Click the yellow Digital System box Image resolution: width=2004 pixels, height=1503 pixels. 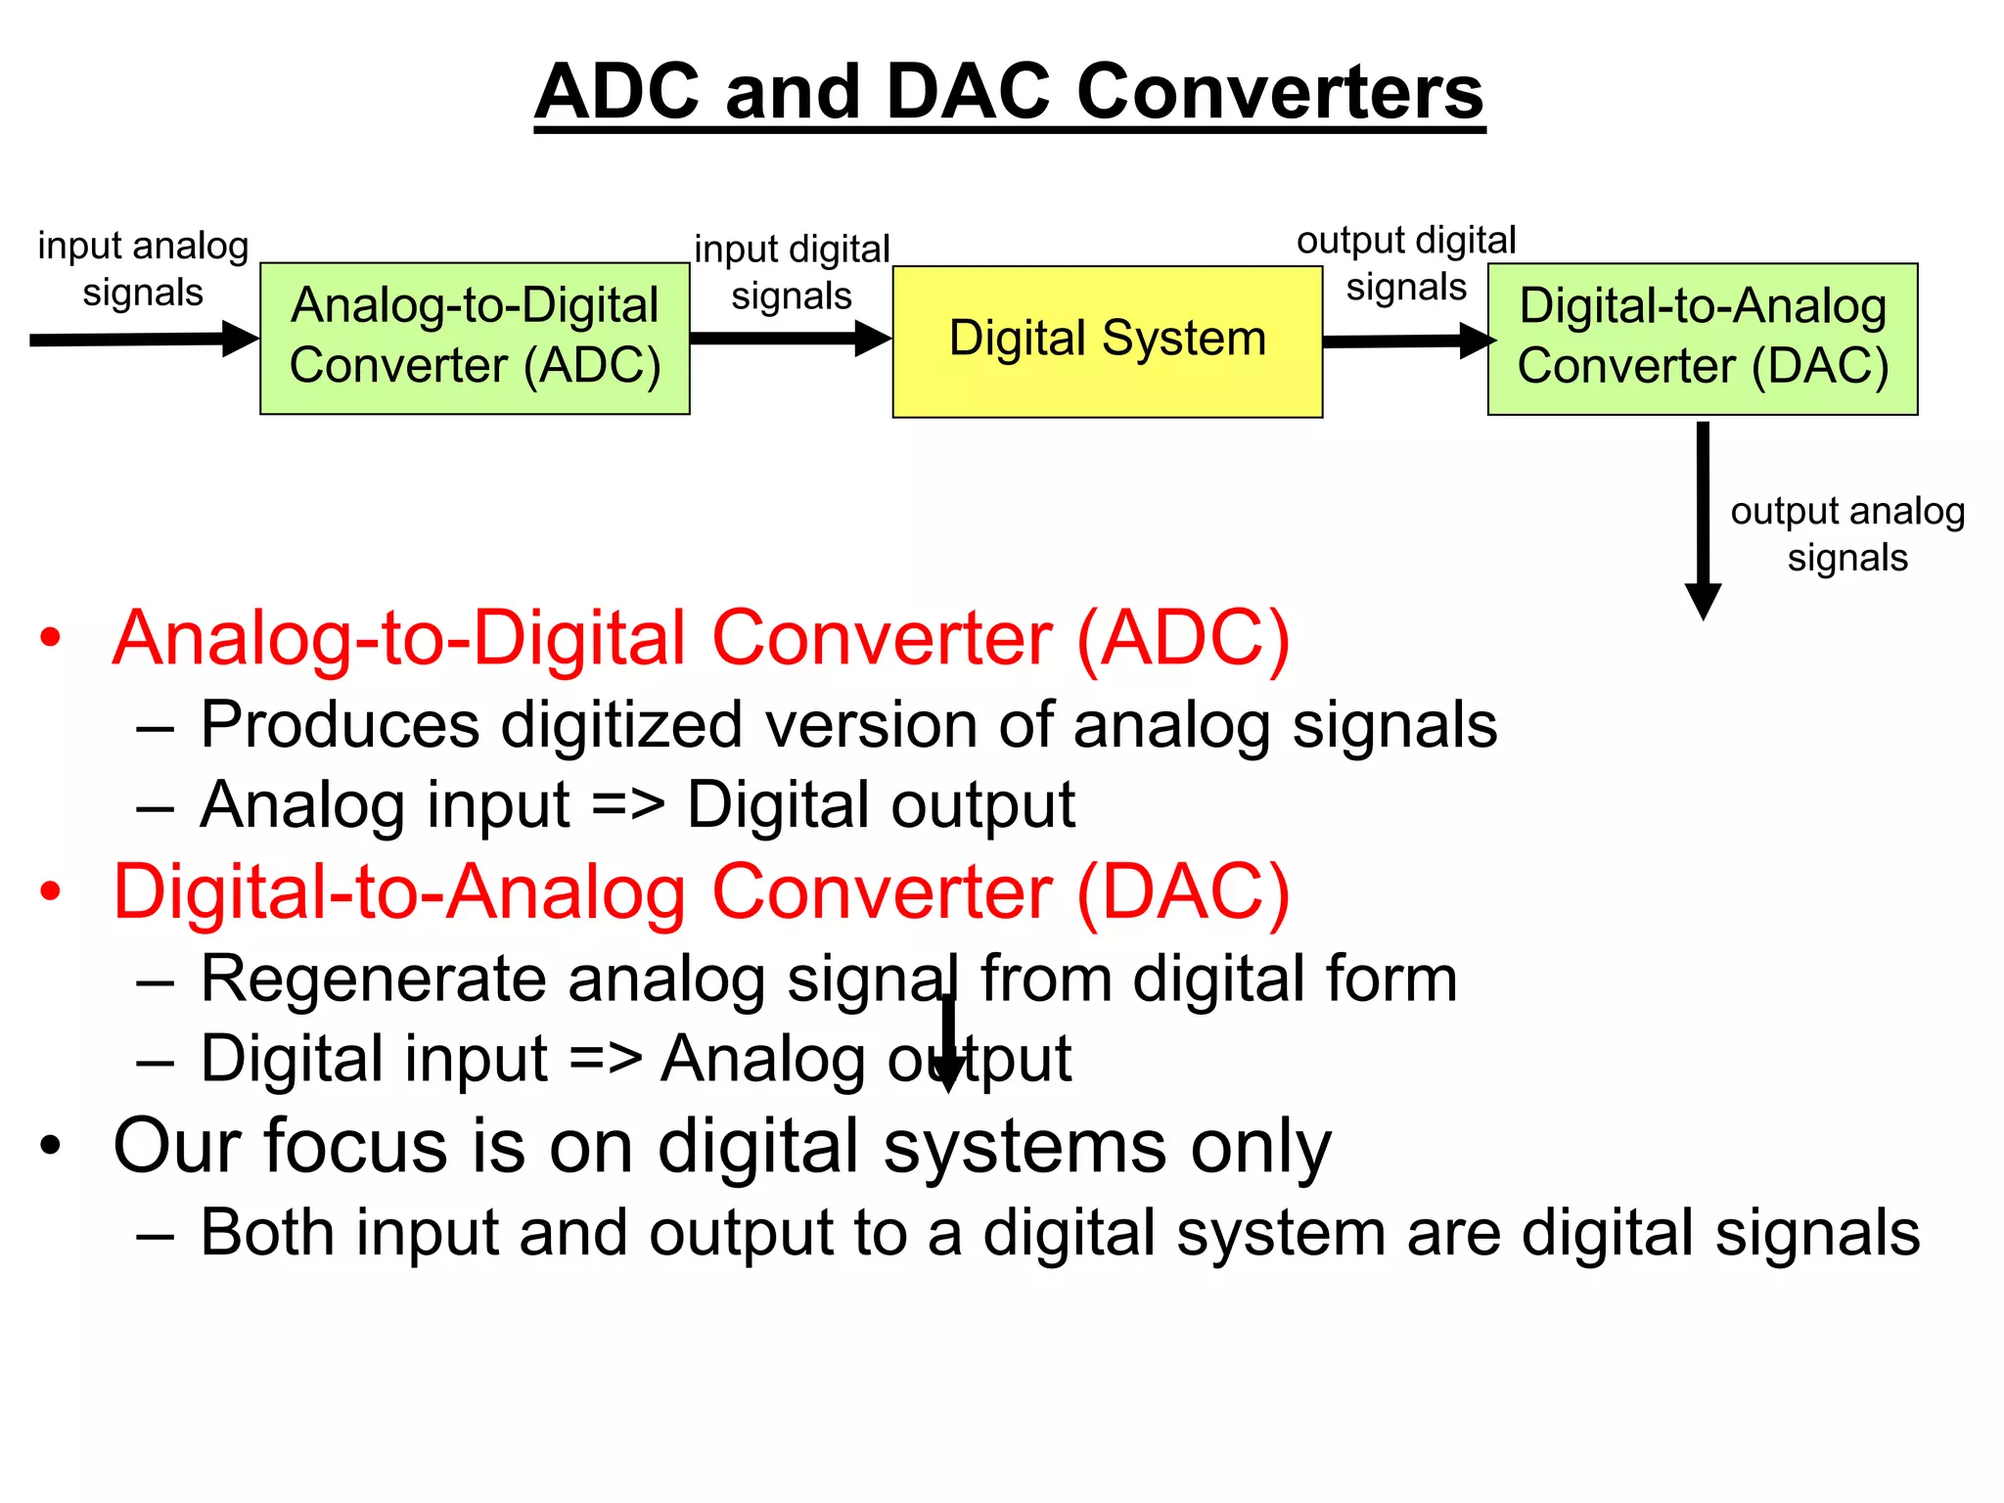(x=1107, y=342)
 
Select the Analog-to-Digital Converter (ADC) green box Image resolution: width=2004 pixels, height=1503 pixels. (x=475, y=338)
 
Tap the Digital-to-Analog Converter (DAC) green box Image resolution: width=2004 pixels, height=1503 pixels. (x=1702, y=339)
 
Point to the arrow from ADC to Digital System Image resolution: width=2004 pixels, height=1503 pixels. (x=790, y=339)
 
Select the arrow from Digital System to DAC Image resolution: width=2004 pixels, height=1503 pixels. (x=1407, y=341)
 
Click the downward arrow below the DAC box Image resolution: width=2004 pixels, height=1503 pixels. (x=1703, y=519)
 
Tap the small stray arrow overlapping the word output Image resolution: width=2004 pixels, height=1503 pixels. (x=947, y=1043)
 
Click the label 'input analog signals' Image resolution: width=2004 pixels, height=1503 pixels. (x=143, y=268)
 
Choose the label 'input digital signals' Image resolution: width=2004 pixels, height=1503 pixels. (x=792, y=272)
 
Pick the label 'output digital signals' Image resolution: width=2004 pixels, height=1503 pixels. (x=1406, y=263)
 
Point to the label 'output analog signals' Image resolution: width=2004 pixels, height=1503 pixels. (x=1847, y=533)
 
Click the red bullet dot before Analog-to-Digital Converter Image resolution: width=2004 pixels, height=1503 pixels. (x=50, y=638)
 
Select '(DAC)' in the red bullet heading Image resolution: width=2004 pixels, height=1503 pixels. (x=1183, y=891)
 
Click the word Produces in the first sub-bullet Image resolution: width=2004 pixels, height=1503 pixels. (x=340, y=725)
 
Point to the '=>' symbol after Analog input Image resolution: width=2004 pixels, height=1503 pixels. (x=628, y=806)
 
